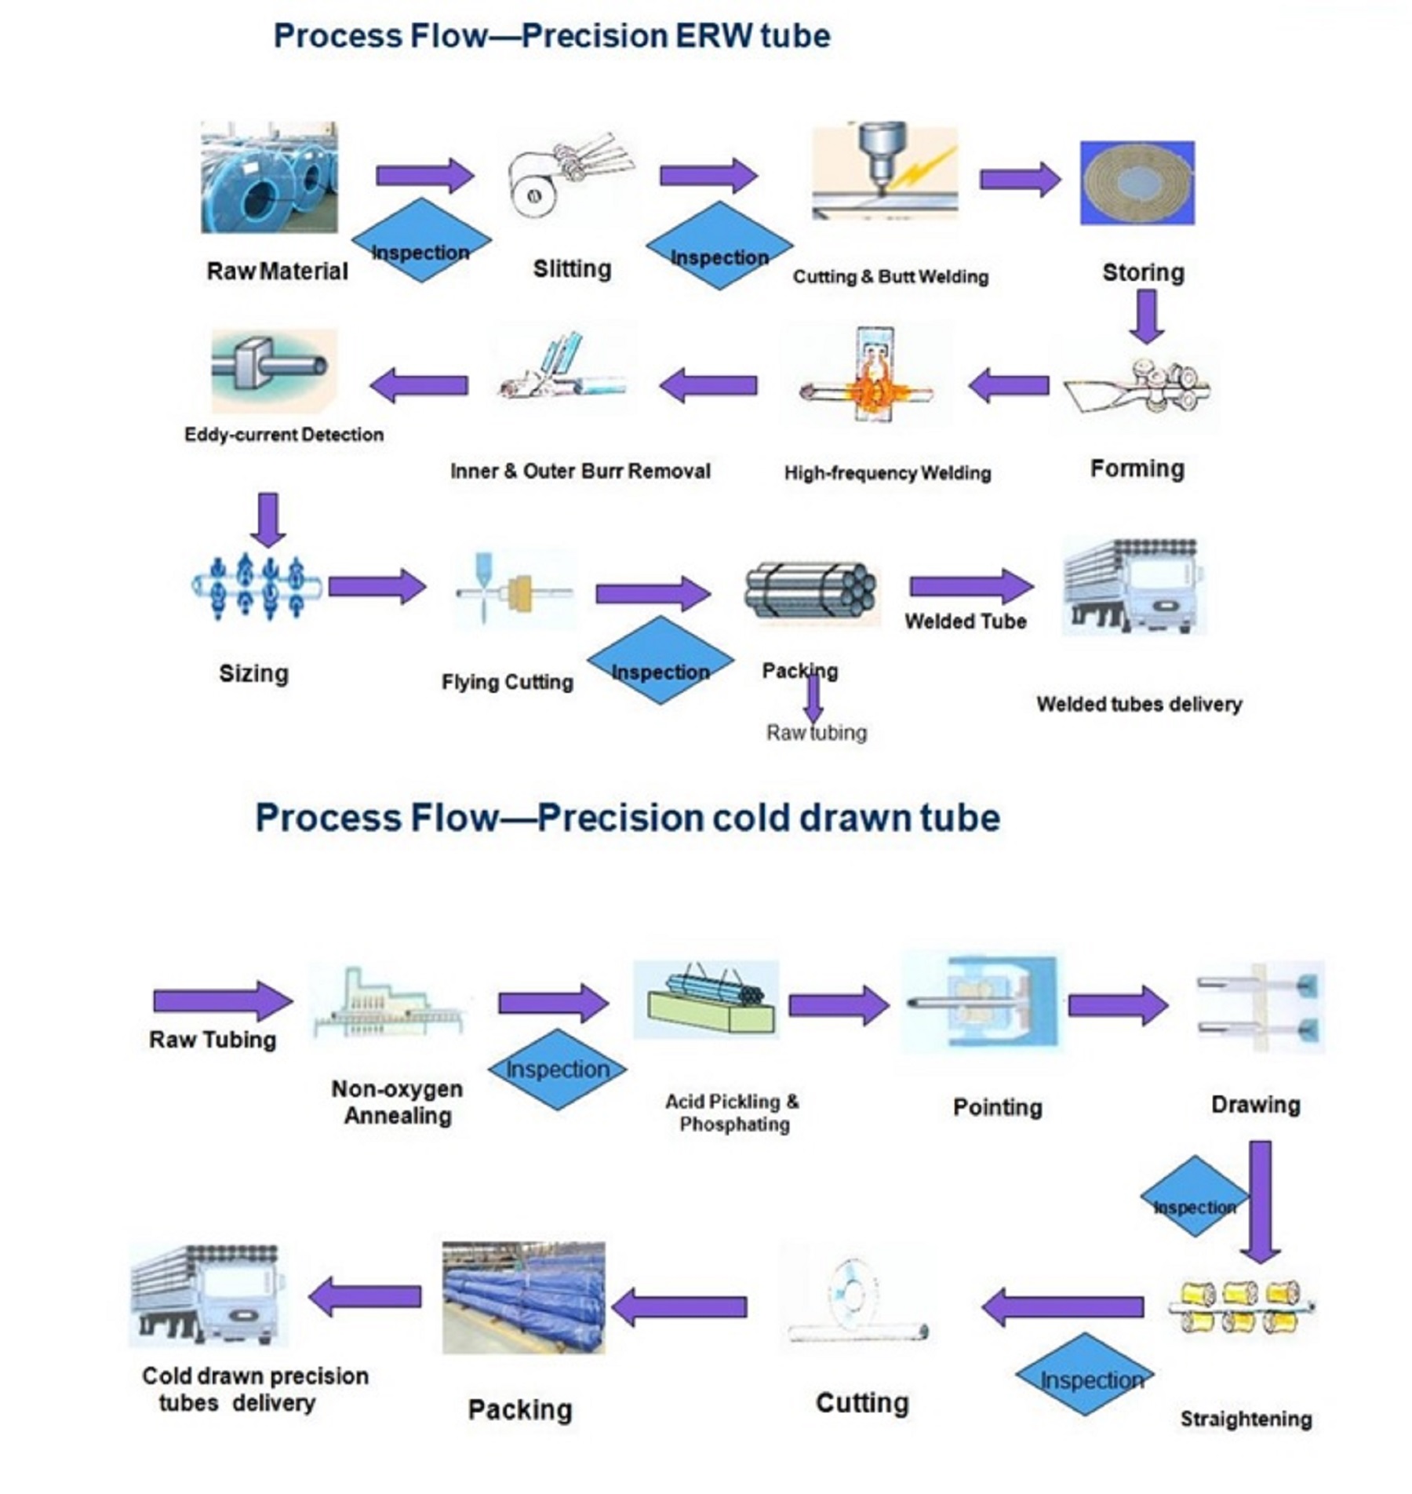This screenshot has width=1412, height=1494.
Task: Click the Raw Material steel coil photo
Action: [x=269, y=177]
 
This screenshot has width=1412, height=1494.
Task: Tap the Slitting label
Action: [x=572, y=269]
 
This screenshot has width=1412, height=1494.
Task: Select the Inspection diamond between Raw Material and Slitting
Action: [x=421, y=241]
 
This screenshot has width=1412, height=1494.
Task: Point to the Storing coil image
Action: [x=1137, y=183]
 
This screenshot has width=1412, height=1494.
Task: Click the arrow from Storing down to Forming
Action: [x=1146, y=316]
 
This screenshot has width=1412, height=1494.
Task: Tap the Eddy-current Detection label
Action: [x=284, y=435]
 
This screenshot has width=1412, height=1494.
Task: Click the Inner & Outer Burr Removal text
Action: [x=580, y=471]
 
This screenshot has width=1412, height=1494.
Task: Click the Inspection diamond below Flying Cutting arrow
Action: [x=661, y=661]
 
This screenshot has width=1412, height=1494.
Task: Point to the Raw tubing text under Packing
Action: [x=817, y=733]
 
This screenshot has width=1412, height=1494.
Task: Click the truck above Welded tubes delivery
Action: [x=1133, y=586]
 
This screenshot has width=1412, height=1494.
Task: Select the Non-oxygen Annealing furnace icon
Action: [x=388, y=1004]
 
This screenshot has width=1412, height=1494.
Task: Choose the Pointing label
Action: [x=997, y=1107]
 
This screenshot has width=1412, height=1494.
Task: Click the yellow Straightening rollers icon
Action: [x=1241, y=1307]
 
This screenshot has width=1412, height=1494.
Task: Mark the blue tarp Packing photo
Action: [x=523, y=1298]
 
